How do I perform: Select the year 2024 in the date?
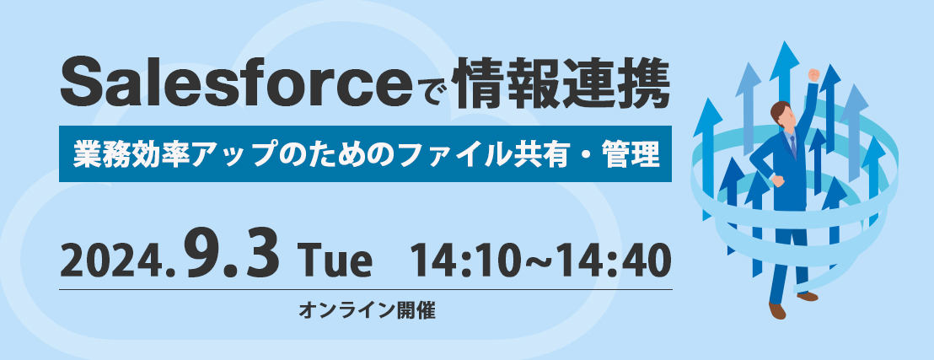coord(113,262)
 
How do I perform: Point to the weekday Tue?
coord(338,263)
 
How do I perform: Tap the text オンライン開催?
coord(368,310)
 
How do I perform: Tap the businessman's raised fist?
coord(813,75)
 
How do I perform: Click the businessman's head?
coord(781,114)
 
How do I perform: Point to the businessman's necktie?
coord(792,145)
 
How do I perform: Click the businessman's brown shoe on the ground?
coord(776,310)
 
